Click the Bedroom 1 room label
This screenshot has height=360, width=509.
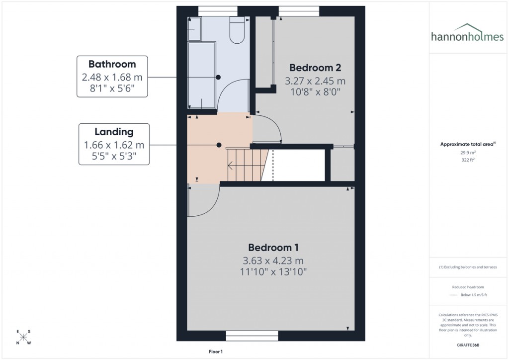tap(273, 247)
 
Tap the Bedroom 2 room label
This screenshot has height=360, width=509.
tap(315, 68)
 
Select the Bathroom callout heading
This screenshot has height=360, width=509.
tap(112, 64)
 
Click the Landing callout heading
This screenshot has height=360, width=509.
tap(114, 132)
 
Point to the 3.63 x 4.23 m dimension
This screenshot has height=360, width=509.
tap(273, 261)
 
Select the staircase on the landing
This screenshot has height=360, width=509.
tap(246, 166)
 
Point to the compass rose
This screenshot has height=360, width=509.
tap(23, 337)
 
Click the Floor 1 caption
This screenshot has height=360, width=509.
tap(216, 352)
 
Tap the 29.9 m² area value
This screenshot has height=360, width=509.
tap(468, 153)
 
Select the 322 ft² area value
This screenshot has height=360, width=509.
tap(468, 160)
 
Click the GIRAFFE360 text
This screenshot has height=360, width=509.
tap(468, 345)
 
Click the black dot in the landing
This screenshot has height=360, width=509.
tap(219, 145)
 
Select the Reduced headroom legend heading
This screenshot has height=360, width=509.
tap(468, 287)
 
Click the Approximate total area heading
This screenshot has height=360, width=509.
tap(468, 144)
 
